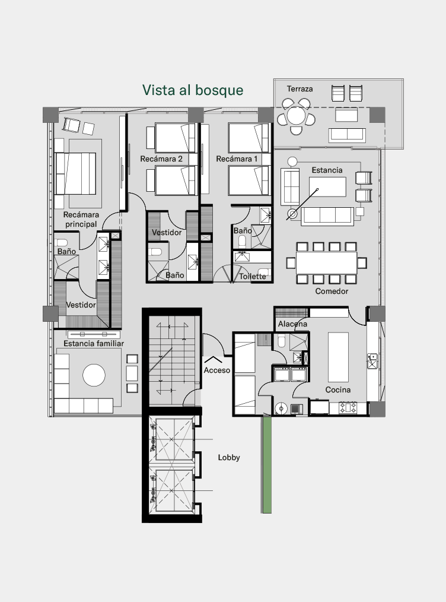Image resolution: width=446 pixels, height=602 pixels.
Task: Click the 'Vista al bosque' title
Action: click(193, 90)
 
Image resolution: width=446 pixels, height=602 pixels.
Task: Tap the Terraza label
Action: click(300, 88)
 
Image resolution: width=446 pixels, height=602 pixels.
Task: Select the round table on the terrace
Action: click(296, 116)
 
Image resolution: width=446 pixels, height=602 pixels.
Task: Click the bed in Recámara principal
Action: click(75, 173)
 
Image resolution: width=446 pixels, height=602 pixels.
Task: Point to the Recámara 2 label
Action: click(161, 159)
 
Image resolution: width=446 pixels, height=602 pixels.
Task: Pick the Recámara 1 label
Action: click(237, 159)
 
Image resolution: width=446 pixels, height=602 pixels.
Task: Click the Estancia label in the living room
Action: click(327, 170)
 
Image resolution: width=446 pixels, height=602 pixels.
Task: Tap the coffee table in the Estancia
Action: click(327, 187)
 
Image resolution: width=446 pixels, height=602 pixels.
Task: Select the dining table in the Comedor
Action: click(326, 263)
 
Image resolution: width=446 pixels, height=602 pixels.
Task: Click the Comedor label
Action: click(332, 291)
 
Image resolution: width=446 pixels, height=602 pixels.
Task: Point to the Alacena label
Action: click(292, 324)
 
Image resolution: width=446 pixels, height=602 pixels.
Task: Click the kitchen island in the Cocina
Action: click(338, 357)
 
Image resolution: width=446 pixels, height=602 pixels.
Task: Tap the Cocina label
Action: click(338, 389)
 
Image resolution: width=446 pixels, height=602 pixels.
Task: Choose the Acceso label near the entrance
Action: click(217, 370)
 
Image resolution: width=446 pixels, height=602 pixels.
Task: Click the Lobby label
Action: click(229, 457)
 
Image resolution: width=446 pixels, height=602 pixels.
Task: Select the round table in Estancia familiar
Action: click(94, 375)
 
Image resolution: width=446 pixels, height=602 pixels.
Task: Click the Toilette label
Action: click(252, 277)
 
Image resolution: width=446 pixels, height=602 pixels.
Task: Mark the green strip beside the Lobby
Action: click(267, 464)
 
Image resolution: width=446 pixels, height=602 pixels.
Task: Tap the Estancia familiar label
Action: click(94, 344)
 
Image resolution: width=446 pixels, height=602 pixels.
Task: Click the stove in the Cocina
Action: click(348, 407)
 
